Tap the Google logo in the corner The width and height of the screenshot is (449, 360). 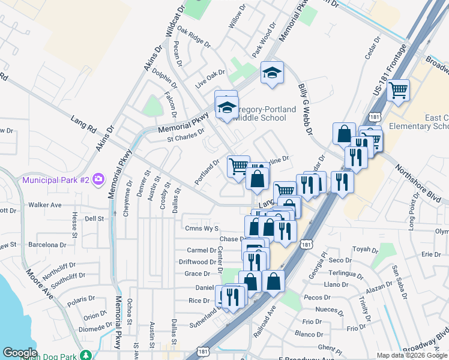click(x=20, y=352)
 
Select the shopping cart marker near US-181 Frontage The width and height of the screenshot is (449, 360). click(x=398, y=91)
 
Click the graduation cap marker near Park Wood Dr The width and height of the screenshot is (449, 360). click(x=272, y=73)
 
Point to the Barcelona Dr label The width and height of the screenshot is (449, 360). click(x=46, y=245)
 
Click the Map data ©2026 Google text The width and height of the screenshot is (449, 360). click(x=412, y=355)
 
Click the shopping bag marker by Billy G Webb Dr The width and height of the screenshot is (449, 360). click(x=344, y=134)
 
